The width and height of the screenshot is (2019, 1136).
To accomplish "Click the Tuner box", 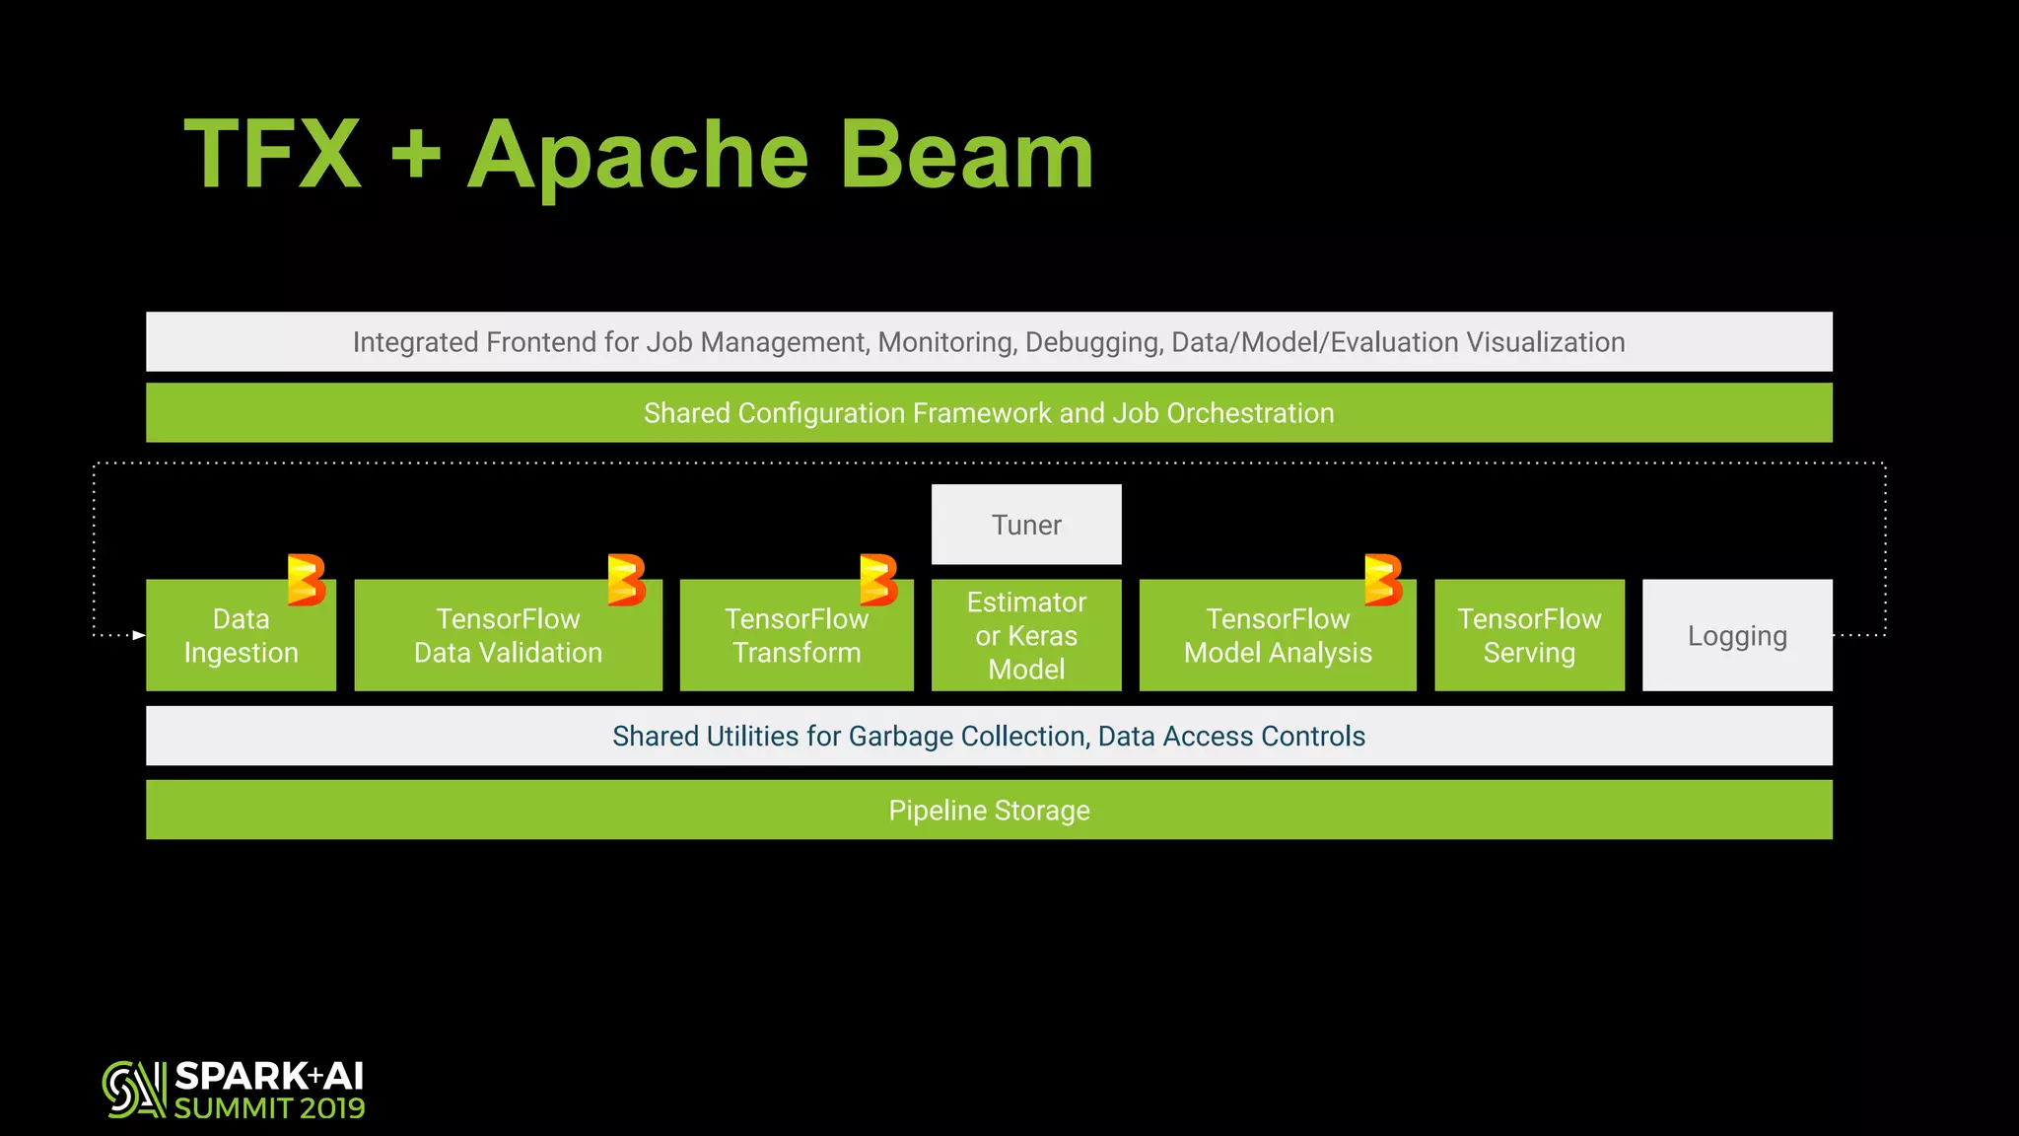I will point(1026,525).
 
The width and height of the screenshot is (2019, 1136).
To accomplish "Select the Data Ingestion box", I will point(241,636).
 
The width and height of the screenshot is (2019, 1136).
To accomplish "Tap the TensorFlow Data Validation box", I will point(508,636).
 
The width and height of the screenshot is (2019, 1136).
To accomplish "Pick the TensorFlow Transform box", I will point(797,636).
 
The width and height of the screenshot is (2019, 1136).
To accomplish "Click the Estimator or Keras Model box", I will point(1026,636).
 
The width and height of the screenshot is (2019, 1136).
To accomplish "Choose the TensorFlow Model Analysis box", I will point(1278,636).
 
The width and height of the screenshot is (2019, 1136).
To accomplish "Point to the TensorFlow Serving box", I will point(1529,636).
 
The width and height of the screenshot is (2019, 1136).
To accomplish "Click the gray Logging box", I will point(1737,636).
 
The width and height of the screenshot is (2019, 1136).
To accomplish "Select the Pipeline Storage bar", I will point(989,811).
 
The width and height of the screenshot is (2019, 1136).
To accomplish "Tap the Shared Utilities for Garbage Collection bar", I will point(989,737).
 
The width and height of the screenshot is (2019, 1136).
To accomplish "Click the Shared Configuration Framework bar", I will point(989,413).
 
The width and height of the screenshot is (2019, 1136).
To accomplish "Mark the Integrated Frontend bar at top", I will point(989,342).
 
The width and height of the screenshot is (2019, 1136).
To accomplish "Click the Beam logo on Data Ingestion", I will point(307,580).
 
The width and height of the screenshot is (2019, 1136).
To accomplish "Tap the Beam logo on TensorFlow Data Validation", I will point(626,580).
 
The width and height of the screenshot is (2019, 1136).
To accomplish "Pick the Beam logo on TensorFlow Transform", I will point(878,580).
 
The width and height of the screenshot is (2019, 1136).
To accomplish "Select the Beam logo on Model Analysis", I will point(1383,580).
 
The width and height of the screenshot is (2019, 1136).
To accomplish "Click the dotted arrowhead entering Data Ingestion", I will point(139,635).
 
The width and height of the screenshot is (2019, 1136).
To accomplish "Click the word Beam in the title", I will point(966,155).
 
